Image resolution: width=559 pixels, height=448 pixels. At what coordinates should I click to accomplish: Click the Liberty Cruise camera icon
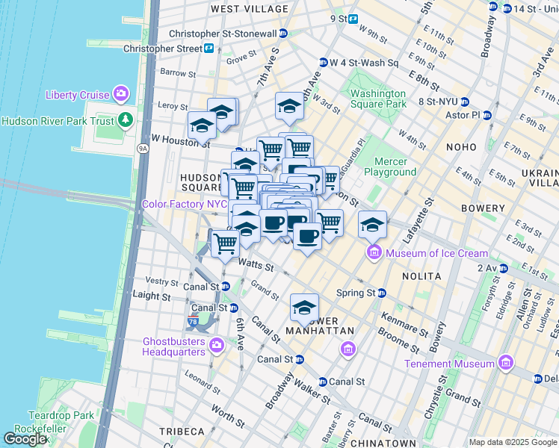(x=120, y=93)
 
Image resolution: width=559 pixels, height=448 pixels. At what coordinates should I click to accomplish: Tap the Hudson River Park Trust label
(x=58, y=120)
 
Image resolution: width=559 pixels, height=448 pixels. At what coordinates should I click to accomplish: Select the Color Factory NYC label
(x=184, y=204)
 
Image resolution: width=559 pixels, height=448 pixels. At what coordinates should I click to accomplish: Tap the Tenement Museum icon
(x=505, y=363)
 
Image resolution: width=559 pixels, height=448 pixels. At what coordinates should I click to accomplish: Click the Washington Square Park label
(x=379, y=99)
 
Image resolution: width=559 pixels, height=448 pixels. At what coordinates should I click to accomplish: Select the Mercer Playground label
(x=390, y=167)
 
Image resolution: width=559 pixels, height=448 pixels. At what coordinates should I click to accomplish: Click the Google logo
(x=26, y=439)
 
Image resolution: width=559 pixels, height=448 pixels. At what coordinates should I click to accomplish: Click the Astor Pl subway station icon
(x=487, y=116)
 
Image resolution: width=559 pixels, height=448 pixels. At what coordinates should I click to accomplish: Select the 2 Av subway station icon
(x=504, y=267)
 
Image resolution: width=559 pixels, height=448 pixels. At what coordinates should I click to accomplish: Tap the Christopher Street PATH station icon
(x=209, y=49)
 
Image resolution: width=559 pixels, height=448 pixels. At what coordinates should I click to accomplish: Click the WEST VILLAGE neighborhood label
(x=249, y=9)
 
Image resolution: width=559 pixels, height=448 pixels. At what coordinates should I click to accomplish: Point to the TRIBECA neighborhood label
(x=182, y=432)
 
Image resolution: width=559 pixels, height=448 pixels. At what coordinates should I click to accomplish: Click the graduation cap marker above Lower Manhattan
(x=304, y=307)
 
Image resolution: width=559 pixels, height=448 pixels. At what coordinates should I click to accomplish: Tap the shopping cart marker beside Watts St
(x=225, y=242)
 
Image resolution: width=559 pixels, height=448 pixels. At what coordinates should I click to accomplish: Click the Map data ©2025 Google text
(x=513, y=442)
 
